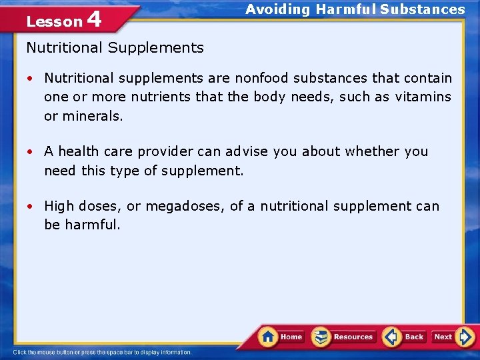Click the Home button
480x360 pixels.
(x=281, y=337)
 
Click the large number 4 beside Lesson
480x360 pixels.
(x=94, y=19)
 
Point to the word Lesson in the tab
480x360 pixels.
(x=54, y=21)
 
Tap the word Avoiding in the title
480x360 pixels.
(x=277, y=9)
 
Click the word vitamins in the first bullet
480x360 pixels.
(x=423, y=97)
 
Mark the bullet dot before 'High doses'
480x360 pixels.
(x=31, y=207)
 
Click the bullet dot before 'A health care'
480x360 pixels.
(x=31, y=152)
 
